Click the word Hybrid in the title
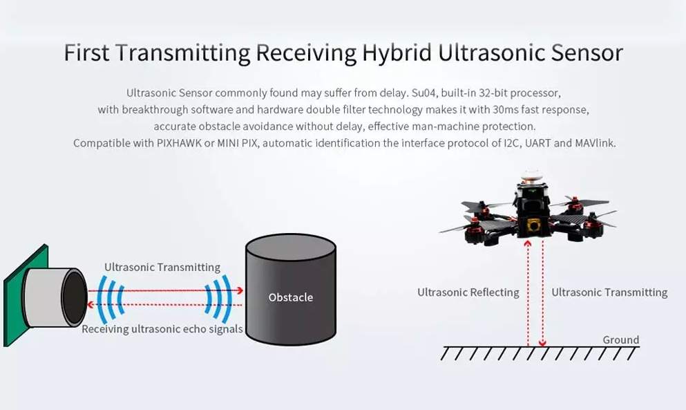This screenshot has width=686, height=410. (x=397, y=53)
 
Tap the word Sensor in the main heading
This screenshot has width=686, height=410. (x=587, y=53)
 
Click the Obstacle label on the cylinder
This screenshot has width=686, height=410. (x=291, y=297)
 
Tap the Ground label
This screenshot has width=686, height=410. (x=621, y=340)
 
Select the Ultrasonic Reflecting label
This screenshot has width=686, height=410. (x=468, y=292)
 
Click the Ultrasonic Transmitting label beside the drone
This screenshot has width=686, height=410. (x=609, y=292)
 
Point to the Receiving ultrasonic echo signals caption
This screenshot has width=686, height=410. (x=162, y=329)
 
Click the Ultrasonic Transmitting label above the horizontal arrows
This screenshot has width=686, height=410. (x=162, y=267)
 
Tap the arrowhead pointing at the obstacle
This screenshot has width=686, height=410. (x=239, y=290)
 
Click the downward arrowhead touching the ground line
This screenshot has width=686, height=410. (x=542, y=343)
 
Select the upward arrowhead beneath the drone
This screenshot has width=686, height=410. (x=528, y=243)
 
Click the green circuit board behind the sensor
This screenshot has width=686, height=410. (x=17, y=298)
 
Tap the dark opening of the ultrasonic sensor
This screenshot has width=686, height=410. (x=75, y=298)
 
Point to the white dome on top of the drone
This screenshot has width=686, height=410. (x=531, y=175)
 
